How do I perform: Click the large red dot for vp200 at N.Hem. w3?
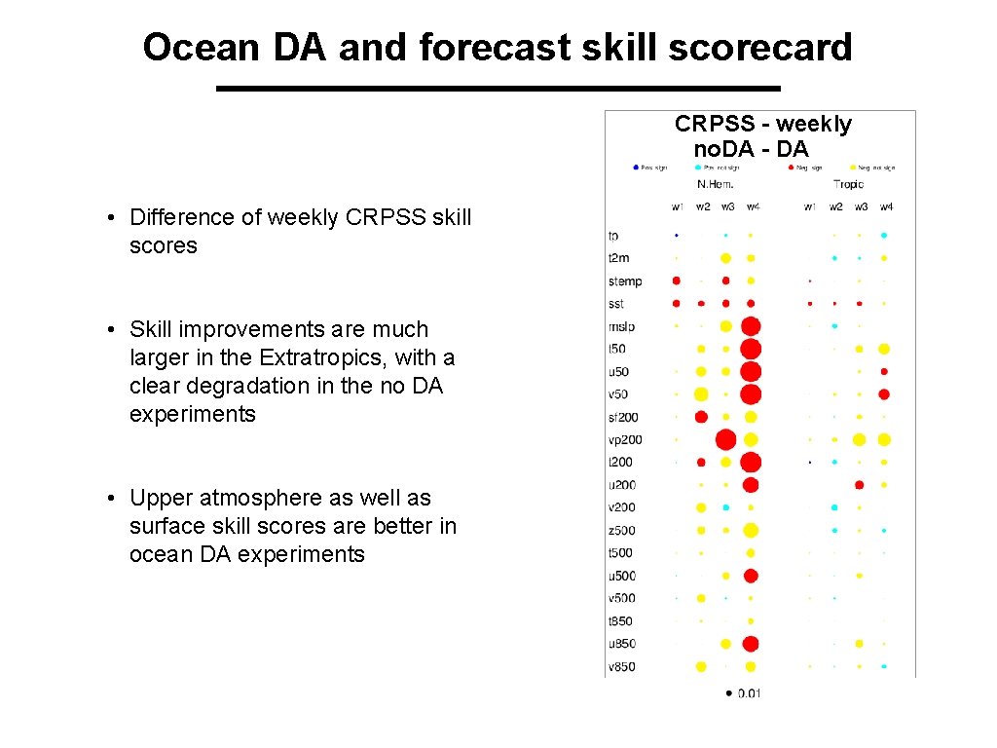click(x=725, y=439)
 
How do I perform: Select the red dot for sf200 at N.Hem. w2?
click(x=701, y=417)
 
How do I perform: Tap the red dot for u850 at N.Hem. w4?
click(x=751, y=644)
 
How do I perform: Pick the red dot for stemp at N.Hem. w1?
click(x=677, y=280)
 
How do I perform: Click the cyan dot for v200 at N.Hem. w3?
click(x=725, y=507)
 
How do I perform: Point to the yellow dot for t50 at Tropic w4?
click(x=884, y=349)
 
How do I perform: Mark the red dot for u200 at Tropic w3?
click(x=860, y=484)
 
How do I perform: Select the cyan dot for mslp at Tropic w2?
click(x=835, y=325)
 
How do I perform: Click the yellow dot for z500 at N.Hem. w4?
click(x=751, y=530)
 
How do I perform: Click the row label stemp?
click(x=625, y=281)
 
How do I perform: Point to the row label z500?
click(x=621, y=530)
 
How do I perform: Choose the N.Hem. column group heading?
click(x=715, y=184)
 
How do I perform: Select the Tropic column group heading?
click(x=848, y=184)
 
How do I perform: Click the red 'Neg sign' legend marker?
click(x=792, y=168)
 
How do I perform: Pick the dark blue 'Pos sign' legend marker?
click(x=636, y=168)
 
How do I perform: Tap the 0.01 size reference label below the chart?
click(x=750, y=693)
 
